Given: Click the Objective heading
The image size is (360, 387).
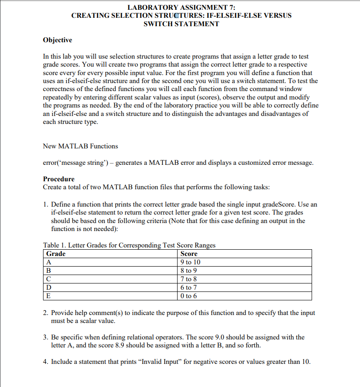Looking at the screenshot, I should pos(58,40).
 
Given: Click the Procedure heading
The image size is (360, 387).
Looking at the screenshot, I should pos(59,179).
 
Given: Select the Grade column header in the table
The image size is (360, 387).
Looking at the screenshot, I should pos(56,254).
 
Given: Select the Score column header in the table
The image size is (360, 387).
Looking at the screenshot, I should pos(189,254).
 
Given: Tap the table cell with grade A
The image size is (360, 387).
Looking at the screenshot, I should pos(49,262).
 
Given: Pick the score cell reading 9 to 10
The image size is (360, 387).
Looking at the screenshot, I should pos(191,262).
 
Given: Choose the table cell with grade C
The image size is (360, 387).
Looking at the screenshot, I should pos(49,279).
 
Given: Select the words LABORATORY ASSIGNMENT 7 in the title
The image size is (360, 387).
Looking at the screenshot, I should pos(181,7).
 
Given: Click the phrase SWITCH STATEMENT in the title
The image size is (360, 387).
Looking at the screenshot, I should pos(182,24).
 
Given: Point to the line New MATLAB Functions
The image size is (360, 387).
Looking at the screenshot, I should pos(80,146).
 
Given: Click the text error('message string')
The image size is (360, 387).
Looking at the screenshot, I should pos(73,163).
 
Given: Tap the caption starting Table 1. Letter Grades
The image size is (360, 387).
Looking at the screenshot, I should pos(129,245).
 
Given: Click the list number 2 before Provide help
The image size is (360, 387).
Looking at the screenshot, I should pos(45,313).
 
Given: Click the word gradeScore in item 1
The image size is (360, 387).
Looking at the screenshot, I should pos(281,204).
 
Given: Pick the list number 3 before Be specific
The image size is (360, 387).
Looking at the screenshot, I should pos(45,337).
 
